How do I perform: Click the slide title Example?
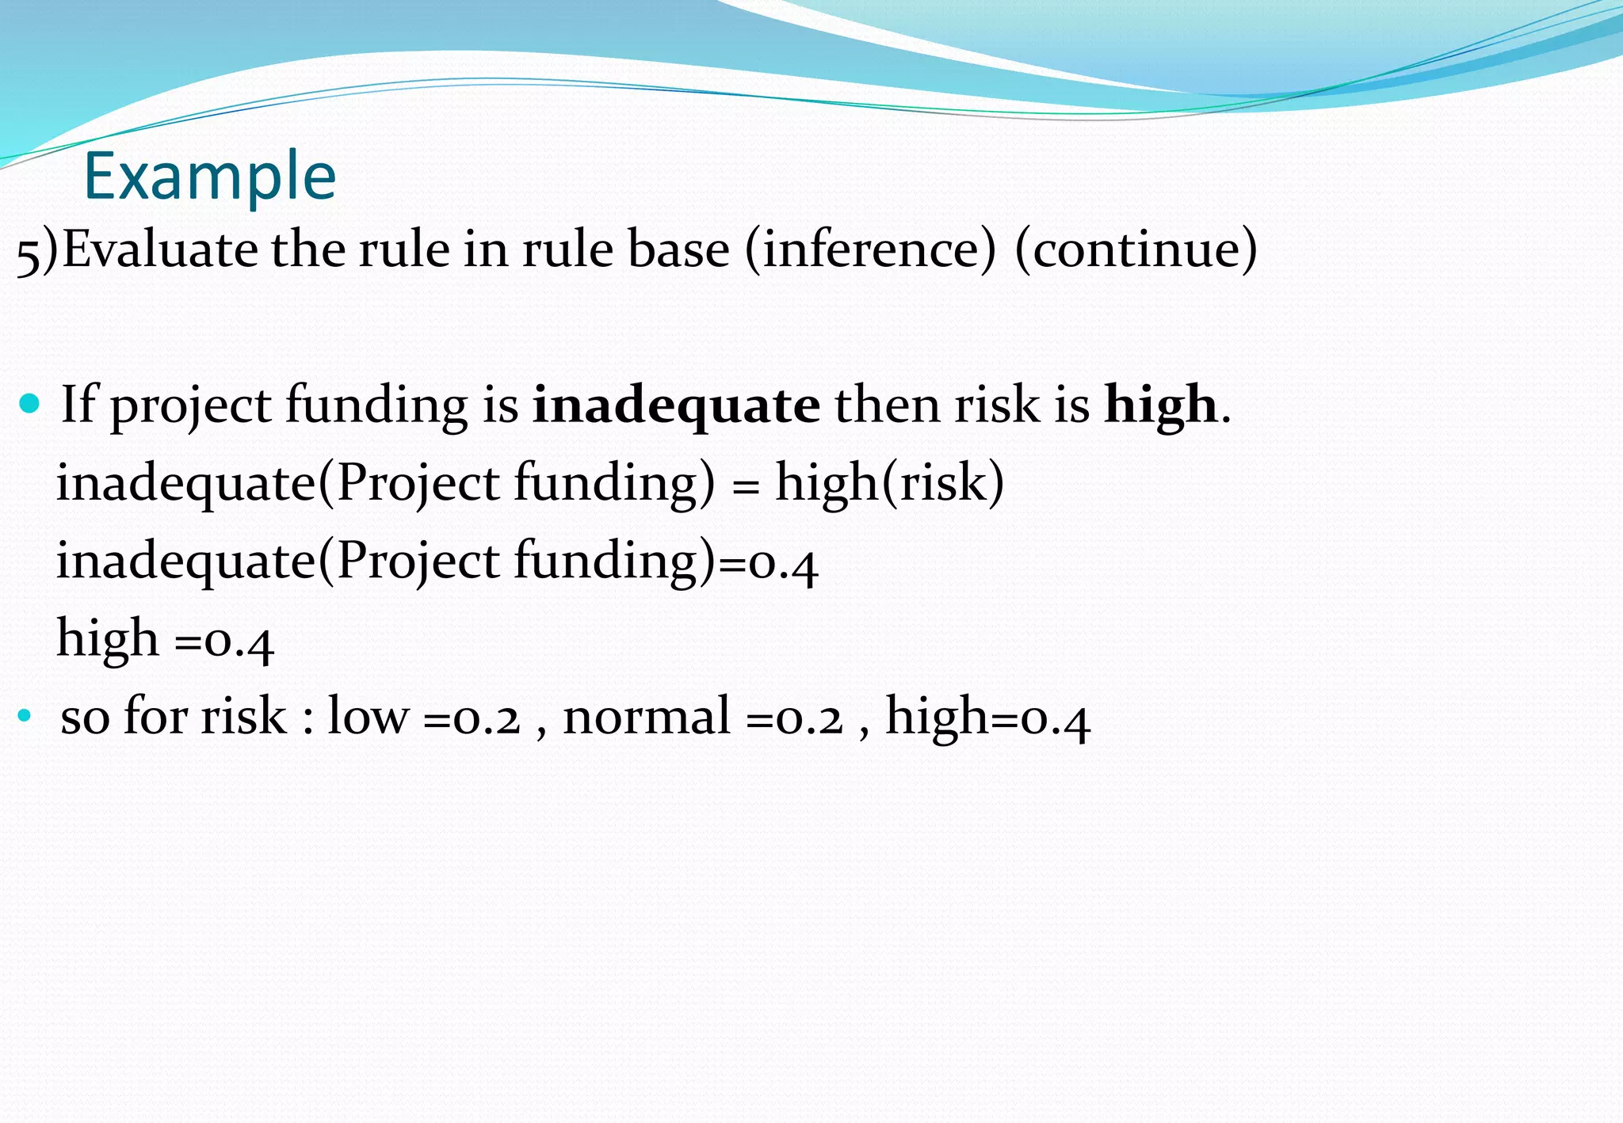tap(210, 176)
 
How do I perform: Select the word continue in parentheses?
tap(1136, 249)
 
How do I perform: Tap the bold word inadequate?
tap(676, 405)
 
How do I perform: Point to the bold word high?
tap(1161, 405)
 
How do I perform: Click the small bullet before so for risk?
tap(24, 717)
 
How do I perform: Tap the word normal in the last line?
tap(646, 717)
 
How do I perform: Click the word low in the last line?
tap(368, 717)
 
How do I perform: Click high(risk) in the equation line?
tap(889, 482)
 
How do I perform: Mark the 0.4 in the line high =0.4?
tap(239, 642)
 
